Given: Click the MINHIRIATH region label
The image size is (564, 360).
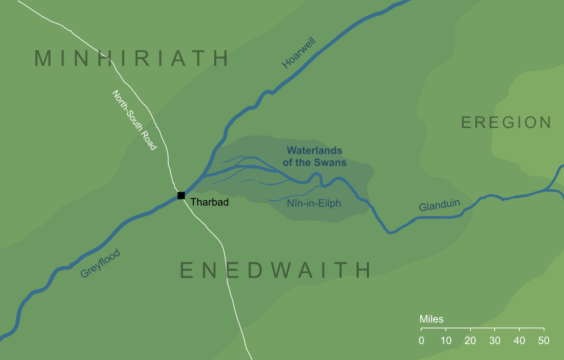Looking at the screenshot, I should coord(131,58).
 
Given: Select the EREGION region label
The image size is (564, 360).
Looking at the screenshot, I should coord(506,122).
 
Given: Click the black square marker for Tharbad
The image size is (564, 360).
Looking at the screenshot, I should coord(181,195).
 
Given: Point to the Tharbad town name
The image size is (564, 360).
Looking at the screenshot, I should coord(209,203).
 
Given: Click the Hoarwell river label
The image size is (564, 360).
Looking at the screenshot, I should coord(298,53).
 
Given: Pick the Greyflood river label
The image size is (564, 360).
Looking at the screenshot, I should coord(100,264).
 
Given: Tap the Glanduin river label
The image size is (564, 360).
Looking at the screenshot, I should coord(439,206).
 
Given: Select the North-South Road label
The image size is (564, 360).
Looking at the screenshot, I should coord(134,120).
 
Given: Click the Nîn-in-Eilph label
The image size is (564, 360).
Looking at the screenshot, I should coord(314,203).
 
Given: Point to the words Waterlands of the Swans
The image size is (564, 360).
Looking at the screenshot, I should coord(315,157).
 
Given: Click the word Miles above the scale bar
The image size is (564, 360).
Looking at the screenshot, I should coord(432,319).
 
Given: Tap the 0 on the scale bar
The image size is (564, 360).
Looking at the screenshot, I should coord(421,340).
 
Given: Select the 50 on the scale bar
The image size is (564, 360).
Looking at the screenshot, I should coord(544,340).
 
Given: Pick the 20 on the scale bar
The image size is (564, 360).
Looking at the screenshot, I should coord(470,340).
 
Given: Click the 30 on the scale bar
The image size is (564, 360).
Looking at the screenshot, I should coord(495,340).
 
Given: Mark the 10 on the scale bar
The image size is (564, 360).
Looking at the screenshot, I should coord(445,340).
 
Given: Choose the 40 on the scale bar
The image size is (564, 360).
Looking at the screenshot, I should coord(519,340).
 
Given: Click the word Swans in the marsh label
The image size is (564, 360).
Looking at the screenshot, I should coord(333,163).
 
